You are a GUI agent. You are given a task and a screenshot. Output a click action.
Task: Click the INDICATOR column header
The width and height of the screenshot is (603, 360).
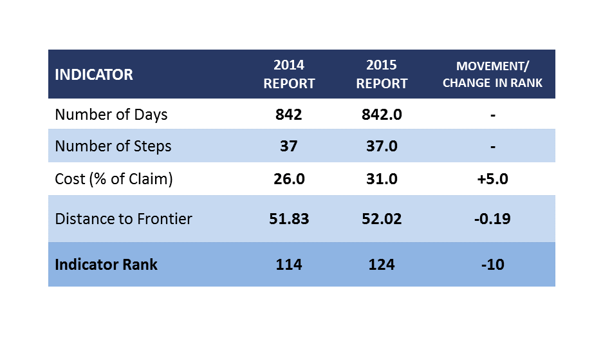[94, 74]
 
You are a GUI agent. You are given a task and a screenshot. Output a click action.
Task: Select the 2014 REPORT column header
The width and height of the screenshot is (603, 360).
[289, 74]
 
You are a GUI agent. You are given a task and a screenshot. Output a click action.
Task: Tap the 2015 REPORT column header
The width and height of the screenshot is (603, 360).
[382, 74]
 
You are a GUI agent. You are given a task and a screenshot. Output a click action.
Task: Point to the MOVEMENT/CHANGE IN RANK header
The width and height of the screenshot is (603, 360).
[492, 74]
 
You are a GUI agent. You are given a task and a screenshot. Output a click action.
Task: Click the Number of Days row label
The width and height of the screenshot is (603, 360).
[111, 115]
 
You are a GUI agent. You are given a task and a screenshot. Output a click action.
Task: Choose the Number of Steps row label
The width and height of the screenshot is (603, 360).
[113, 146]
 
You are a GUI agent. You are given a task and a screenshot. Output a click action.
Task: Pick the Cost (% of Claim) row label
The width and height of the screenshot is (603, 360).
[114, 179]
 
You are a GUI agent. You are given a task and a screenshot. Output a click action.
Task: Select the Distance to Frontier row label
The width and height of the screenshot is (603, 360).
[124, 219]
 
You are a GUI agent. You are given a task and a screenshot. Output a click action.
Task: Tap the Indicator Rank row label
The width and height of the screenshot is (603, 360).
[106, 265]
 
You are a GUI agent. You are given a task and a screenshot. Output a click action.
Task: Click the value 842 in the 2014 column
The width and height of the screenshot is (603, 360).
[289, 115]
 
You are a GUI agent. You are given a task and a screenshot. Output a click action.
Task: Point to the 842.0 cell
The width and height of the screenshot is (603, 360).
[382, 115]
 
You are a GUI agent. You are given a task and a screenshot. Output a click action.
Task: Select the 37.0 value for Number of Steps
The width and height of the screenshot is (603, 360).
[382, 146]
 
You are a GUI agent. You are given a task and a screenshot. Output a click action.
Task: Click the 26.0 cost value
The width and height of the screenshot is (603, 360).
[289, 179]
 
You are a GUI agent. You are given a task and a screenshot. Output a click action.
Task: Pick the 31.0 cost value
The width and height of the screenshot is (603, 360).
[382, 179]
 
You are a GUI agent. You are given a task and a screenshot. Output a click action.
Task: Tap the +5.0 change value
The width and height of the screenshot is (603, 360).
[492, 179]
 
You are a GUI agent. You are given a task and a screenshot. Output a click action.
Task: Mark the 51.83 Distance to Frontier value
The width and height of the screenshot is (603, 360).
[289, 219]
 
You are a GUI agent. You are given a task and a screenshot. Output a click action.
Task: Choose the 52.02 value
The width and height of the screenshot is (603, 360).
[382, 219]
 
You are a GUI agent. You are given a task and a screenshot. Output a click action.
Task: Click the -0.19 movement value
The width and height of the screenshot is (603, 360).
[492, 219]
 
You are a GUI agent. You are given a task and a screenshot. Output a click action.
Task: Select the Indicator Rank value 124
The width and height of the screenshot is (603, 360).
[382, 265]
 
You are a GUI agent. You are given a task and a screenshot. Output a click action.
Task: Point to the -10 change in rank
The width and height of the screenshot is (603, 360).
[492, 265]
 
